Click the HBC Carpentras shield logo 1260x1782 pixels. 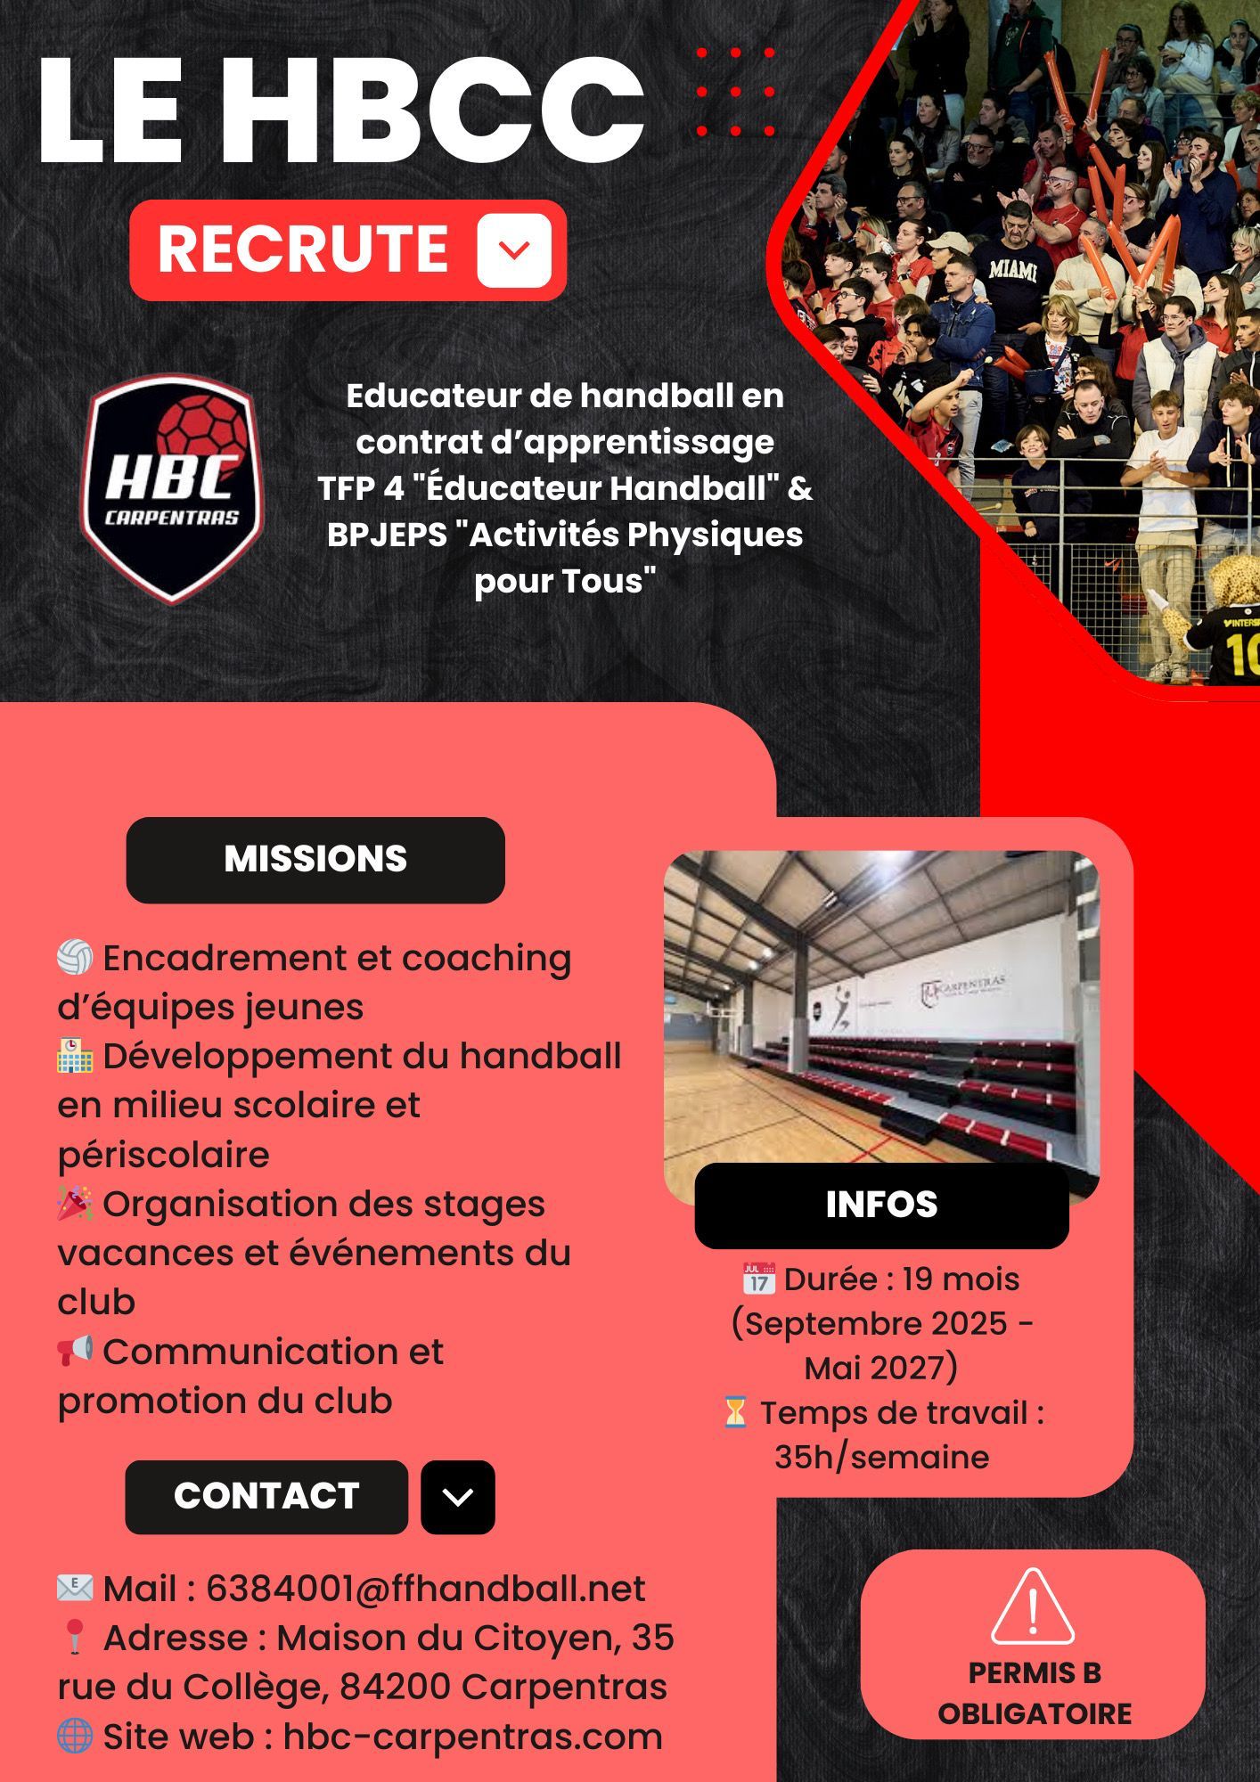point(172,488)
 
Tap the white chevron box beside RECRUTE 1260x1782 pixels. point(514,250)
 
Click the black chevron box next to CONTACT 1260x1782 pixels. point(458,1497)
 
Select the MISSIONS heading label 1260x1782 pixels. point(315,859)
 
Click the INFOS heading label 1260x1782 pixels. point(881,1205)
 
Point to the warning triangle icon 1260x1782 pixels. point(1032,1609)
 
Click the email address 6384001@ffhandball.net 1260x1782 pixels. point(426,1588)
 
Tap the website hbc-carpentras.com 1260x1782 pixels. point(473,1737)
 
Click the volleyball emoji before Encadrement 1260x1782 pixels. point(75,958)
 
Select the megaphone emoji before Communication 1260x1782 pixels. point(75,1351)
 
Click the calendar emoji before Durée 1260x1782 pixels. point(758,1279)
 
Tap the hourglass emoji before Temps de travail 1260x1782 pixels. point(735,1412)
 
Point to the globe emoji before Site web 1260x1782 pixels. point(75,1736)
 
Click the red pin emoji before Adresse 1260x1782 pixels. point(74,1638)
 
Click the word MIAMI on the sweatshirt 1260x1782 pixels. point(1013,270)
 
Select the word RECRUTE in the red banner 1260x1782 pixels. point(303,249)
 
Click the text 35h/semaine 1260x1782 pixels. point(881,1457)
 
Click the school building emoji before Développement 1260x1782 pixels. point(75,1056)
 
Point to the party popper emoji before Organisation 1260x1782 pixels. point(75,1203)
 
